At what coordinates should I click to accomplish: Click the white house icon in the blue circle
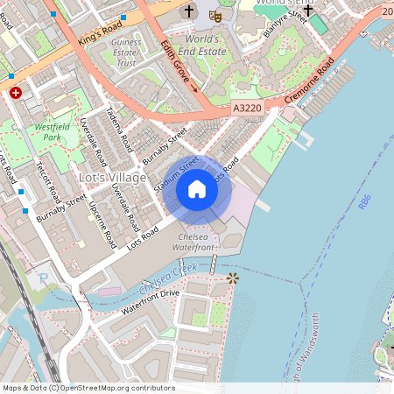point(197,189)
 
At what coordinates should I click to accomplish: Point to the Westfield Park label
point(53,132)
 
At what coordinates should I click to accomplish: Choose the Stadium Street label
point(175,174)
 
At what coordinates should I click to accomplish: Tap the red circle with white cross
point(15,92)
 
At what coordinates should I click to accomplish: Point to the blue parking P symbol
point(44,278)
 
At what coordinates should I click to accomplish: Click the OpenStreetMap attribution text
point(88,387)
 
